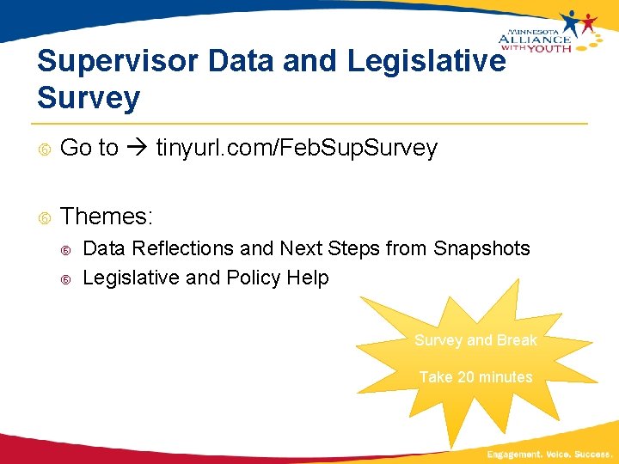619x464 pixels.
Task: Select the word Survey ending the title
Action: click(88, 98)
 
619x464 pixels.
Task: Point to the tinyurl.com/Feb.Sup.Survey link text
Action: click(297, 148)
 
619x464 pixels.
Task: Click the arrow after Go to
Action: click(137, 148)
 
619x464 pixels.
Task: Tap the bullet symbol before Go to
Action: click(45, 149)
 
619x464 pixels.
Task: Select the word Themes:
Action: click(107, 216)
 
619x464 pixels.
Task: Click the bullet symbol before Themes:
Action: click(45, 217)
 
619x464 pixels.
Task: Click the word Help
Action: click(309, 278)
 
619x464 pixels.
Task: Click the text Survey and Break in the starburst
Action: click(475, 340)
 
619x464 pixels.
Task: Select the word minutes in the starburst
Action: click(506, 376)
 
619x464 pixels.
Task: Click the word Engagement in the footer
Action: click(513, 453)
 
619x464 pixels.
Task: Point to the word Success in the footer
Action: click(593, 453)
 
